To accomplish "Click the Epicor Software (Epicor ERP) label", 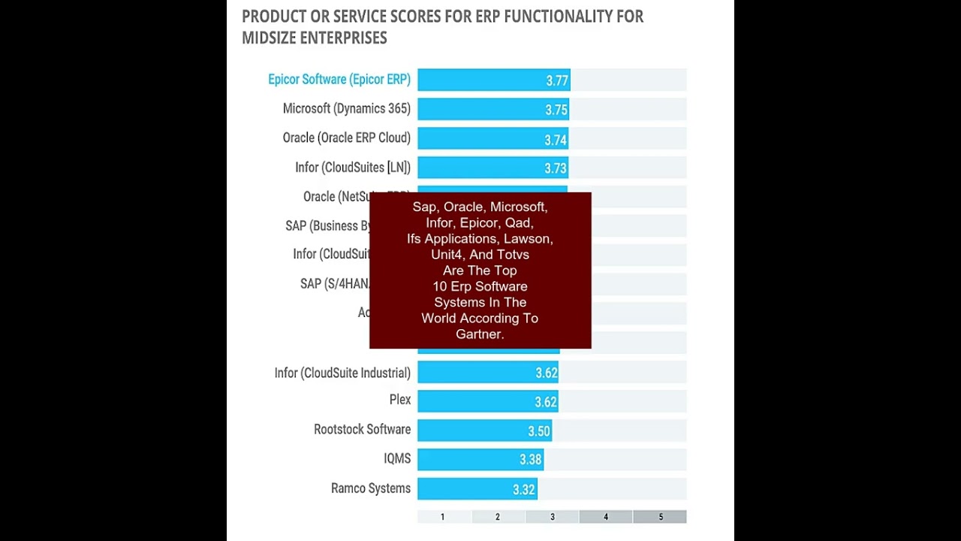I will tap(339, 80).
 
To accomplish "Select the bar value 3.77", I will tap(557, 81).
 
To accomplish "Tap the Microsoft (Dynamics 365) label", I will tap(346, 109).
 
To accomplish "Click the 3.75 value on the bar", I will tap(556, 110).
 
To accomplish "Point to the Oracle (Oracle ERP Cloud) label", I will tap(346, 138).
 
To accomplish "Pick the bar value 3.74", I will tap(556, 140).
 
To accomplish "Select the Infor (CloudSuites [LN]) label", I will tap(352, 168).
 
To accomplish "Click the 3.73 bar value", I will tap(556, 169).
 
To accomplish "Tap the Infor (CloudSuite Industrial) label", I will tap(342, 373).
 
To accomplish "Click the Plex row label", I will tap(399, 400).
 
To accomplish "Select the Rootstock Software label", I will tap(362, 430).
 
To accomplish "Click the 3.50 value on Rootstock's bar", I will tap(539, 431).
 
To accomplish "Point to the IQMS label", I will tap(396, 459).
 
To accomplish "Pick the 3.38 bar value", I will tap(530, 460).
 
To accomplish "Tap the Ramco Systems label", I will tap(370, 488).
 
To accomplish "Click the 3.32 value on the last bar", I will tap(524, 490).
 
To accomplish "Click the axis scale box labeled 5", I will tap(660, 517).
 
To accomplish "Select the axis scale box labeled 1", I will tap(443, 517).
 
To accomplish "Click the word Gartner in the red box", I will tap(479, 334).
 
